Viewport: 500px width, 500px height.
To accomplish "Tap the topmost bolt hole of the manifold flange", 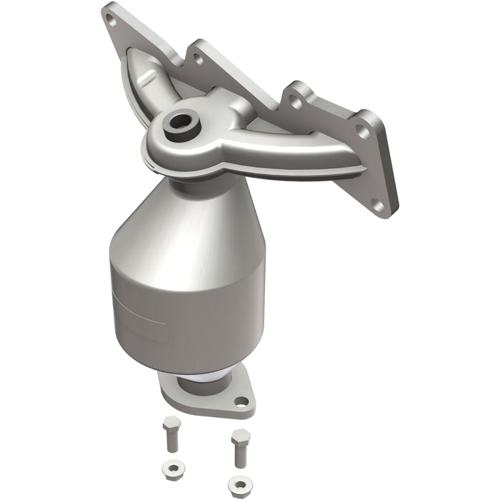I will tap(111, 20).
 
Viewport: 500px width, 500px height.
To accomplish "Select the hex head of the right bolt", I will tap(239, 436).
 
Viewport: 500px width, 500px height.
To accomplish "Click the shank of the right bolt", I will tap(239, 454).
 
